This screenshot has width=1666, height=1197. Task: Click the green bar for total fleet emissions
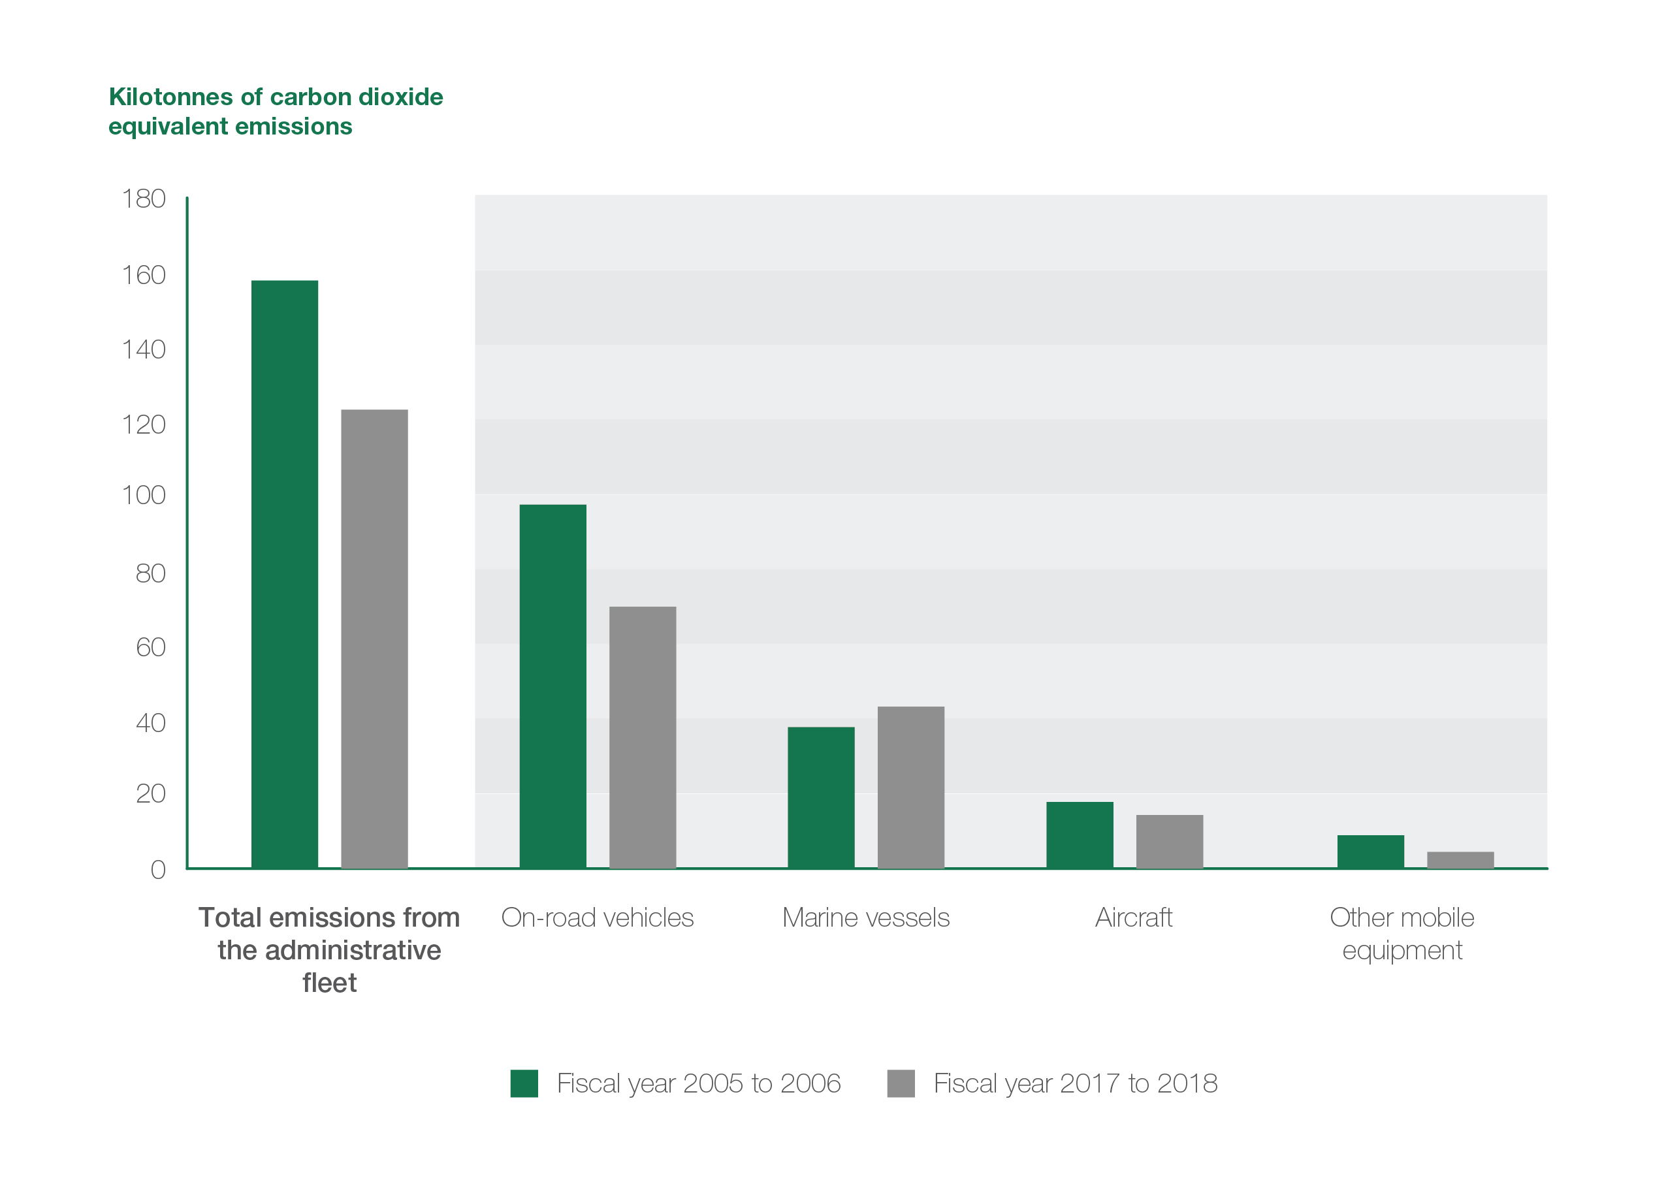[284, 573]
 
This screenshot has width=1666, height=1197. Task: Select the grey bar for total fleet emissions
[374, 638]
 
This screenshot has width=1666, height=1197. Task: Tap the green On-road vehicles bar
[553, 686]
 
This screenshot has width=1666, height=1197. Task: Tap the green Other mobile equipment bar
[1370, 851]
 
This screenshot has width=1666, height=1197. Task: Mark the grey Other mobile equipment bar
[1460, 859]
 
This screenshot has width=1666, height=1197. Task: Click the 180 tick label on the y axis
[144, 199]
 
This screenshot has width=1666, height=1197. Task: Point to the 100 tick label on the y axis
[144, 495]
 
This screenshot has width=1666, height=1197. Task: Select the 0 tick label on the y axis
[158, 870]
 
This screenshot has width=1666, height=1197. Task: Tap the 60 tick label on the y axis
[151, 647]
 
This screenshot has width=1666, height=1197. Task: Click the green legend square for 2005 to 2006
[524, 1083]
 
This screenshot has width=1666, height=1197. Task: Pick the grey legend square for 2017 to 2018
[901, 1083]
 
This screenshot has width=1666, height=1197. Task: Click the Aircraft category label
[1134, 918]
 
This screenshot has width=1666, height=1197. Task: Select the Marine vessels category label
[865, 918]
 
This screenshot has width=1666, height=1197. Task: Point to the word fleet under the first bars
[329, 983]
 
